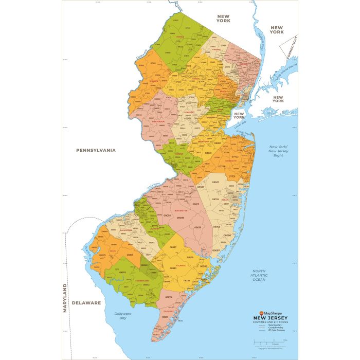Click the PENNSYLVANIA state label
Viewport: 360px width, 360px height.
tap(96, 150)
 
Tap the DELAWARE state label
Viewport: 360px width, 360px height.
tap(86, 303)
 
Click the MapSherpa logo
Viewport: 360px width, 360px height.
tap(273, 313)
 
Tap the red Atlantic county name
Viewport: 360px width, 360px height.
tap(181, 265)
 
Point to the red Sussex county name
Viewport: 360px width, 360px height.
tap(180, 37)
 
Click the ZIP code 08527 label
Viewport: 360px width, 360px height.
tap(216, 183)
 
